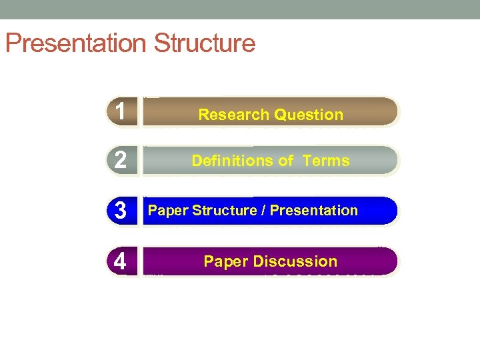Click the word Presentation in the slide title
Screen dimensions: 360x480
coord(75,43)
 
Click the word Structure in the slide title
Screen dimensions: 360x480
coord(204,43)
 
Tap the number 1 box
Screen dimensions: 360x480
coord(121,112)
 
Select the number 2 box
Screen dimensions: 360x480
coord(121,161)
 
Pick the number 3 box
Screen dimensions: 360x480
coord(121,211)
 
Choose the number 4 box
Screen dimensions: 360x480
coord(121,261)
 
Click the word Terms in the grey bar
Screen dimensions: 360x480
coord(325,161)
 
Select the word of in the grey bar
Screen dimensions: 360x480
coord(286,161)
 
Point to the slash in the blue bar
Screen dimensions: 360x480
coord(265,211)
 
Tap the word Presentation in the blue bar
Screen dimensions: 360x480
coord(315,211)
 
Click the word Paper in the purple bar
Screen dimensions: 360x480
coord(226,261)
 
